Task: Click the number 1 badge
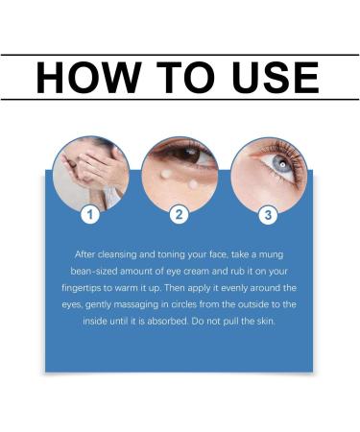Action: [x=90, y=214]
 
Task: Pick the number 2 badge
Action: [x=179, y=214]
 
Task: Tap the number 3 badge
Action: [x=268, y=214]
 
